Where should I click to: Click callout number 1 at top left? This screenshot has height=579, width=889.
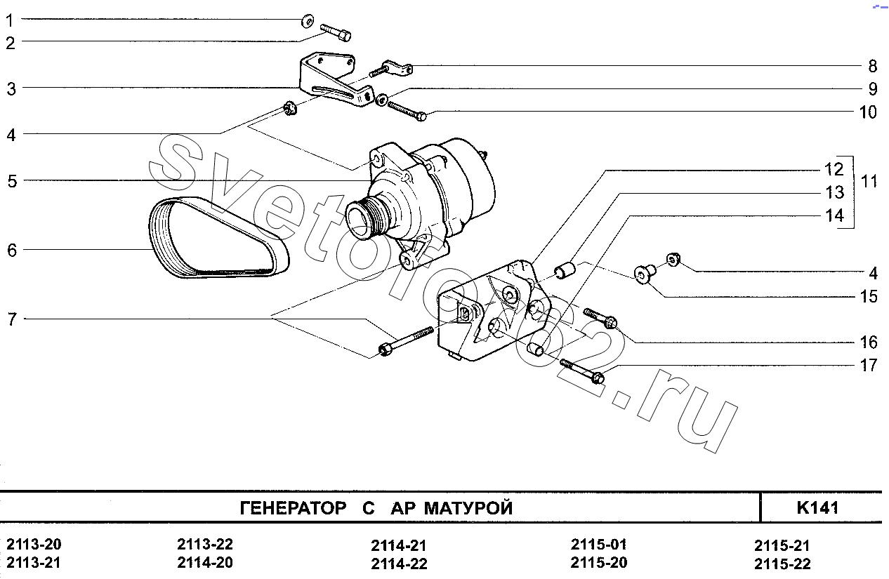coord(10,21)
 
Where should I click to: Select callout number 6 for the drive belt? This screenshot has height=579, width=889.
coord(11,251)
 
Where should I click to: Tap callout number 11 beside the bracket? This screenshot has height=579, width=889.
coord(869,182)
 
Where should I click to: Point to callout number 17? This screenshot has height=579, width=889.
coord(869,366)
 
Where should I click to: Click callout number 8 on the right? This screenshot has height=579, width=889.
coord(872,67)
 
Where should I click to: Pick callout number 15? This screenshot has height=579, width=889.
coord(869,297)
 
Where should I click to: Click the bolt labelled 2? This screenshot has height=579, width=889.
coord(336,32)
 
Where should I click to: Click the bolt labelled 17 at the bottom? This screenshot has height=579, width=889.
coord(582,371)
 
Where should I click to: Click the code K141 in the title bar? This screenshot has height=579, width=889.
coord(818,507)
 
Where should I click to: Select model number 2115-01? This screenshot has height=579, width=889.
coord(598,545)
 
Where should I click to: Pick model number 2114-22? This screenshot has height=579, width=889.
coord(399,564)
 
